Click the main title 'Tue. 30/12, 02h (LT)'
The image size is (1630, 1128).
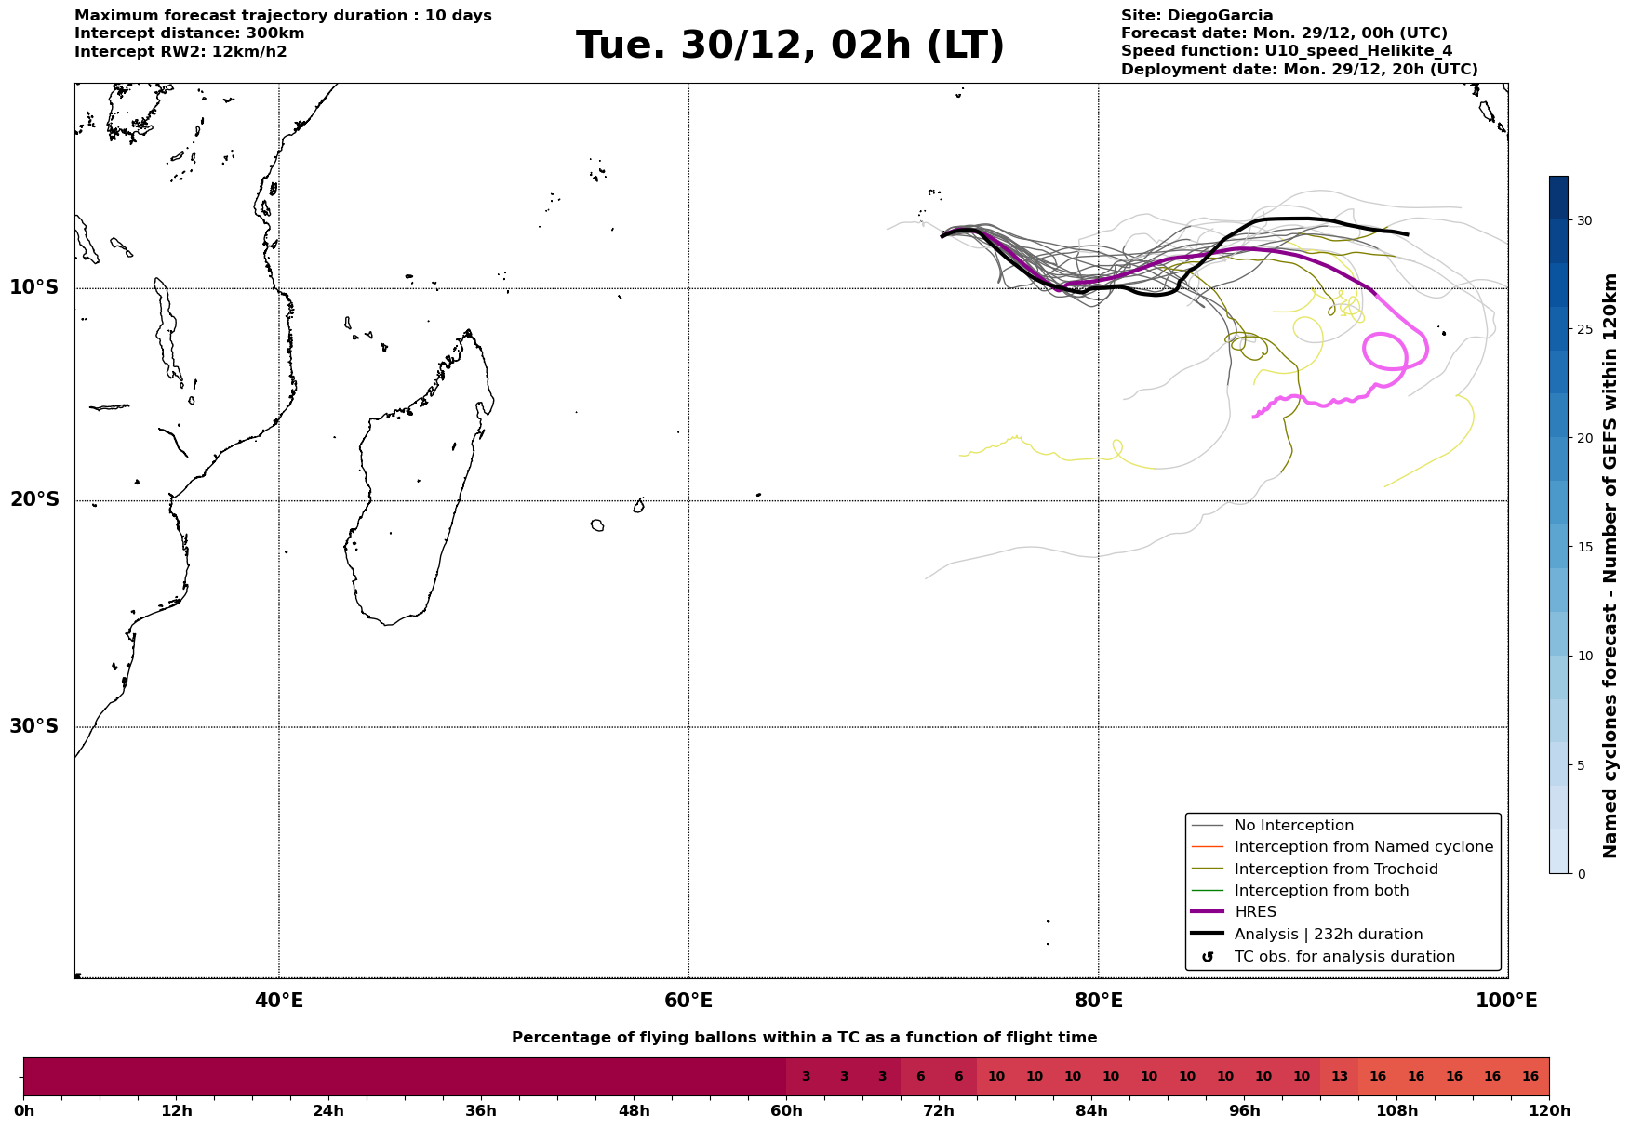click(x=790, y=46)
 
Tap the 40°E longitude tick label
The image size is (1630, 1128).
click(x=278, y=1001)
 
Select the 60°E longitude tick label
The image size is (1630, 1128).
click(x=688, y=1001)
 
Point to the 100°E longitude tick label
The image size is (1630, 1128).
click(x=1506, y=1001)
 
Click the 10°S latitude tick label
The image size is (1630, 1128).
click(x=34, y=287)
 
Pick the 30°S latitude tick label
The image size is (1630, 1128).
click(x=34, y=726)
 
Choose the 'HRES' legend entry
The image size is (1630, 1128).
click(x=1255, y=912)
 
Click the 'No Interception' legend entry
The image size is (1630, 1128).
click(x=1293, y=826)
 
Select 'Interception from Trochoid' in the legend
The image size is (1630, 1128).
click(x=1335, y=869)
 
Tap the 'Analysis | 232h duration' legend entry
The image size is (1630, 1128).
click(x=1328, y=935)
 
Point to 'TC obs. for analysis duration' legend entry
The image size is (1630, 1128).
click(x=1343, y=957)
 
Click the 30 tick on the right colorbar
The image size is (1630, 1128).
click(x=1583, y=220)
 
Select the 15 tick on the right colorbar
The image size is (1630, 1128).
click(x=1583, y=547)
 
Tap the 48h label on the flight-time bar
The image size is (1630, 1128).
click(x=634, y=1111)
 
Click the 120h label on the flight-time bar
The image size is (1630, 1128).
click(x=1549, y=1111)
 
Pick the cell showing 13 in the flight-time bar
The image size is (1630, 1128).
click(x=1339, y=1077)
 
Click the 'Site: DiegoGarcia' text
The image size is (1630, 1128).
click(x=1196, y=16)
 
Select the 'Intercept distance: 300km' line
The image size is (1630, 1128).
click(x=189, y=33)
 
